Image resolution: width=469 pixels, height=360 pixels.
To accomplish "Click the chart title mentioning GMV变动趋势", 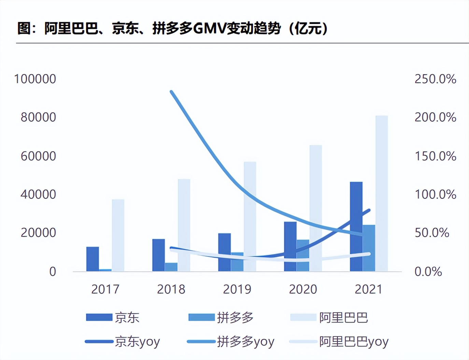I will point(172,28).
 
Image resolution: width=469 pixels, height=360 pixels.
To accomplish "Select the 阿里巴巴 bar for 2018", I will point(184,225).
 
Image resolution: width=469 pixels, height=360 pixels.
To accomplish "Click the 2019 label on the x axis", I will point(237,289).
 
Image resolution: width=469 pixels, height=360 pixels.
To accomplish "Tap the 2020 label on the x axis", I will point(303,289).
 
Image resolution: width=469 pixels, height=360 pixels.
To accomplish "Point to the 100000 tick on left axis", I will point(35,79).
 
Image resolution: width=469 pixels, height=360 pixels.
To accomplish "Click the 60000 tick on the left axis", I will point(38,156).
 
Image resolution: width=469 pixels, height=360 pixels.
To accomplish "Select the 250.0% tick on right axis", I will point(435,79).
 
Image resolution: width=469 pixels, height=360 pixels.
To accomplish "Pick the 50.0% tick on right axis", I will point(432,233).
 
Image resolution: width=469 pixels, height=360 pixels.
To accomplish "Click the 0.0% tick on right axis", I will point(428,272).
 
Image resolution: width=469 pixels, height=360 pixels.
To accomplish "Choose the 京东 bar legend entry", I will point(113,317).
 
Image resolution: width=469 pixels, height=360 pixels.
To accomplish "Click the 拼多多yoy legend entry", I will point(230,341).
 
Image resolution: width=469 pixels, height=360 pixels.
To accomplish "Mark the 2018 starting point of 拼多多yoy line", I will point(171,92).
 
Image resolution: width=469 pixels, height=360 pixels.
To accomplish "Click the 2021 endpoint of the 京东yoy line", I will point(369,210).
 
